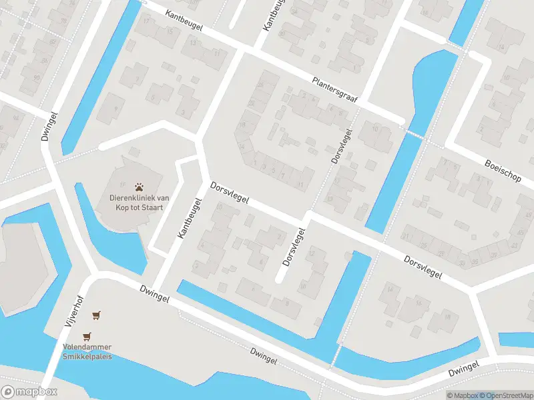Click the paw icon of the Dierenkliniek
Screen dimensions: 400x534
140,187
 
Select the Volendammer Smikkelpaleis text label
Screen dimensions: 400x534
87,351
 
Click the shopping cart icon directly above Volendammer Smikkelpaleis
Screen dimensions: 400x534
86,337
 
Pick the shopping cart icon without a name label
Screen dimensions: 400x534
97,315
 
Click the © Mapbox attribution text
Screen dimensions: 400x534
462,395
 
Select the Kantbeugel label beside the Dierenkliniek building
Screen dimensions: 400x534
188,218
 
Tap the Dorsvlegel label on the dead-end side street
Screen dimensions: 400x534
294,247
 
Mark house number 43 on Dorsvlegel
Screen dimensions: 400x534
520,247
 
